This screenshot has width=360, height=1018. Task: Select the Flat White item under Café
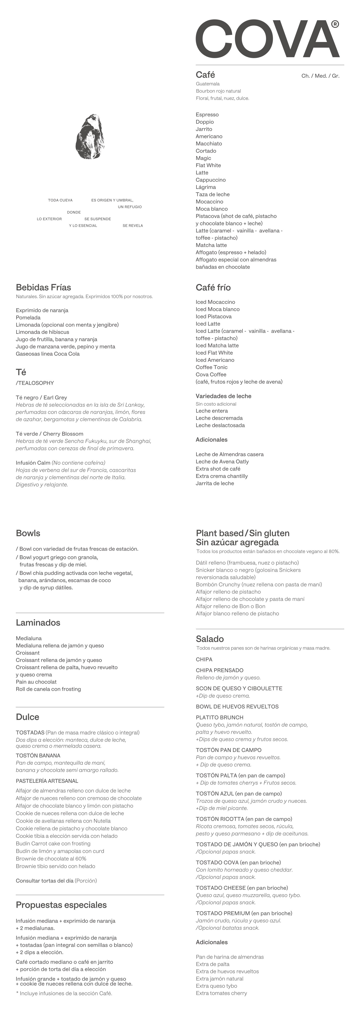[x=208, y=165]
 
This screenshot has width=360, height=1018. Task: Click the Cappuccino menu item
[x=211, y=180]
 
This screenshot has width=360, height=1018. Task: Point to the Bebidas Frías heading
[x=44, y=287]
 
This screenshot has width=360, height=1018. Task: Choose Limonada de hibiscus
[x=42, y=332]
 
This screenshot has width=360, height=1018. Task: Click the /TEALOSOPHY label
[x=35, y=383]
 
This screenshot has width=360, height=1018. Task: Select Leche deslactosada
[x=220, y=425]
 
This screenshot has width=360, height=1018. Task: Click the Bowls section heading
[x=28, y=533]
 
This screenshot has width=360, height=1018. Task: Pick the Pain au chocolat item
[x=36, y=682]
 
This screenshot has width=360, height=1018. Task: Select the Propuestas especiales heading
[x=61, y=905]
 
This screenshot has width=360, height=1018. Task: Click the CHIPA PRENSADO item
[x=220, y=670]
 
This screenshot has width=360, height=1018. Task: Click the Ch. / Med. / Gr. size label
[x=320, y=76]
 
